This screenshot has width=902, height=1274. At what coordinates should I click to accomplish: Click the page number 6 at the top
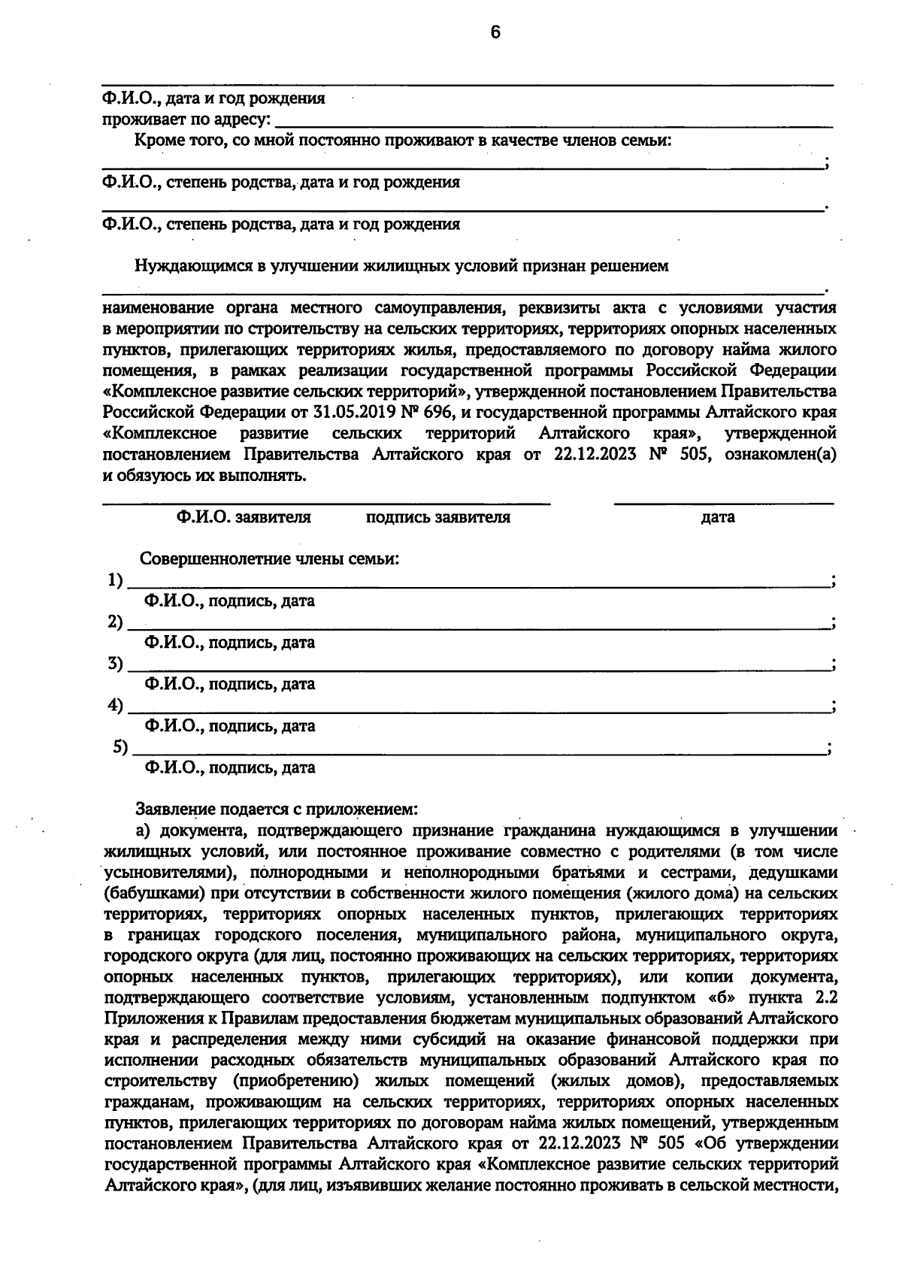[494, 32]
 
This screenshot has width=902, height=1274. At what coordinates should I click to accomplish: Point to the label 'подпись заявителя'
[437, 518]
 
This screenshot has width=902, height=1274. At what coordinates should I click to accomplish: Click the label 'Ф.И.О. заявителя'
[244, 518]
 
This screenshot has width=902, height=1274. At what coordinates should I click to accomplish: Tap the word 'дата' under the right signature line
[717, 518]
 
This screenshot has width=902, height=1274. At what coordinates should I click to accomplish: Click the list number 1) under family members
[114, 580]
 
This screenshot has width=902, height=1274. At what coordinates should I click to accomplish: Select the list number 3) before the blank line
[114, 664]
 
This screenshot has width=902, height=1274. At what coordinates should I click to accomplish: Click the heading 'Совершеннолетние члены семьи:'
[269, 560]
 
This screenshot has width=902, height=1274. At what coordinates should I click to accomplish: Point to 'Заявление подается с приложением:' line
[275, 810]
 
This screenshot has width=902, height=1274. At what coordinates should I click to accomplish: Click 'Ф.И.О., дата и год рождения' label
[214, 99]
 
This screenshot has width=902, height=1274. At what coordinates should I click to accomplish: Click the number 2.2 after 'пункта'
[825, 998]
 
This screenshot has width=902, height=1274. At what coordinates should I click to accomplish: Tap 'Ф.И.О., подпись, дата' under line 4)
[229, 726]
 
